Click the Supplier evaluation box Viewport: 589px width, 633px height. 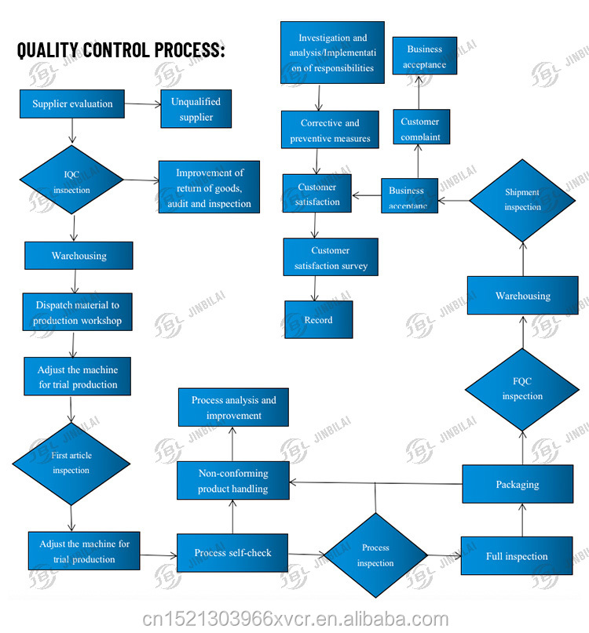(72, 104)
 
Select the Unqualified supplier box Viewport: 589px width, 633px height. (196, 109)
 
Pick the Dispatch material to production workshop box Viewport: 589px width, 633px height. (77, 312)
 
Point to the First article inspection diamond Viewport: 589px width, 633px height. (71, 463)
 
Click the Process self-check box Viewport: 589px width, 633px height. (232, 553)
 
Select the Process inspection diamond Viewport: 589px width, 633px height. (375, 555)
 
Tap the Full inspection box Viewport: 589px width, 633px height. (516, 556)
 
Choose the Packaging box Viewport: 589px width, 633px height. (517, 484)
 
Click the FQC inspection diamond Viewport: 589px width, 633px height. (522, 389)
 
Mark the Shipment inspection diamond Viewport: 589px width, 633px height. (522, 200)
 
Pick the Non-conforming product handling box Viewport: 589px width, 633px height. (232, 481)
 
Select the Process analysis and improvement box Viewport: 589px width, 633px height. (233, 407)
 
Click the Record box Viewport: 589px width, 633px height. (318, 319)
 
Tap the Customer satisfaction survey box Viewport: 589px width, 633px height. (331, 257)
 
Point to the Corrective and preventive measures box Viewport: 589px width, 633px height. (330, 130)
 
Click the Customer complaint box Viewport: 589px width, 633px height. (420, 127)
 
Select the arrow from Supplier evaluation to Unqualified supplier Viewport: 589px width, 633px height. (142, 104)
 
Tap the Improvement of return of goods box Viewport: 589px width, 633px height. (209, 187)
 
